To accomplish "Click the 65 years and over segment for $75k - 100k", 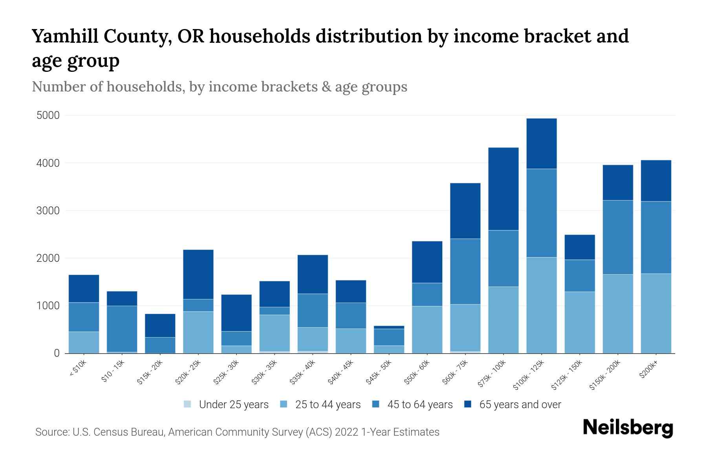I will point(503,189).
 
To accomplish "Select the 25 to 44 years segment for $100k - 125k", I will point(541,305).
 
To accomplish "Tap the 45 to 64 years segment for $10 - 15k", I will point(122,329).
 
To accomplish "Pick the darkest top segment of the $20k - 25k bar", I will point(198,274).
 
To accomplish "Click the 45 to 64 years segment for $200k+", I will point(656,237).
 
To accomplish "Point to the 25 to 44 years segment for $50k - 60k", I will point(427,329).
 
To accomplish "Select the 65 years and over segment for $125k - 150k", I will point(579,247).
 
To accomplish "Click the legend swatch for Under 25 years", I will point(188,404).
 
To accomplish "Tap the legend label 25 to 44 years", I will point(328,405).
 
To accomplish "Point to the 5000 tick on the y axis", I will point(48,115).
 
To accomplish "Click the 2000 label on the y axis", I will point(48,258).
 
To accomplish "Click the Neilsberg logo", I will point(628,427).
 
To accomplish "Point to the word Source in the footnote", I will point(51,432).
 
